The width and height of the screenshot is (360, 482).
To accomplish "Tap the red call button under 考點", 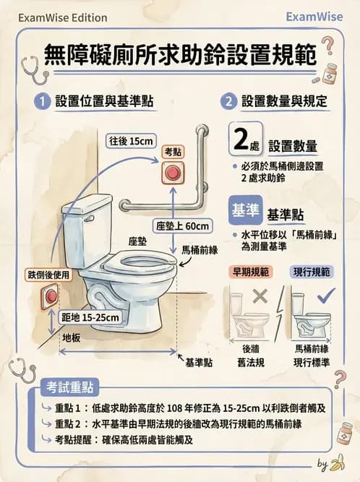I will point(173,173).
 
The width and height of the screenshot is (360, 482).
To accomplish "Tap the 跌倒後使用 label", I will point(50,274).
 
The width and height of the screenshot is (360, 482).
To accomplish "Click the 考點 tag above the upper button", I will point(173,152).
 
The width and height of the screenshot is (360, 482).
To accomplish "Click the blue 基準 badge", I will point(243,211).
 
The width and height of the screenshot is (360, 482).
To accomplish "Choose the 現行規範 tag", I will point(313,272).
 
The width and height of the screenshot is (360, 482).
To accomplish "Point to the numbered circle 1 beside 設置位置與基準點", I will point(43,102).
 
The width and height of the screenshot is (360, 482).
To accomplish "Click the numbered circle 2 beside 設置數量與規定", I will point(228,102).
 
